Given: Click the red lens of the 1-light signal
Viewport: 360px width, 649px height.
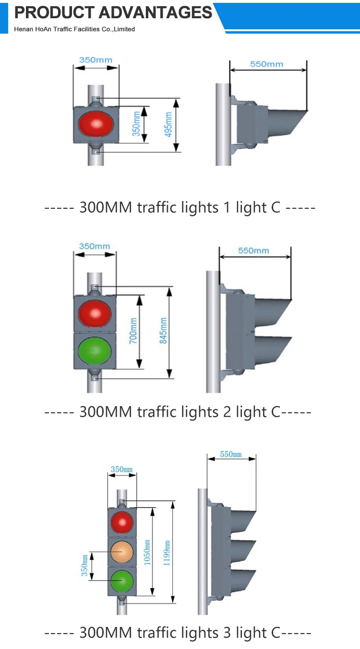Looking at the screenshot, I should [x=96, y=124].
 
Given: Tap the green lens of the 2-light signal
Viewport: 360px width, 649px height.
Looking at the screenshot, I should [x=95, y=351].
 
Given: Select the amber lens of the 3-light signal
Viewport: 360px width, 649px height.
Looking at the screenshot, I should [x=122, y=552].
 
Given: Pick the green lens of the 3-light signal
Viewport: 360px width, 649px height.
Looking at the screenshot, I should [x=122, y=581].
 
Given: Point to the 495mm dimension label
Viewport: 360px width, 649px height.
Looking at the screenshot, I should [x=168, y=125].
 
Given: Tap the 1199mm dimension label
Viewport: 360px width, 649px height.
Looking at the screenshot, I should [x=167, y=553].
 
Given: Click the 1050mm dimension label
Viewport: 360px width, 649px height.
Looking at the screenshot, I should [x=147, y=553].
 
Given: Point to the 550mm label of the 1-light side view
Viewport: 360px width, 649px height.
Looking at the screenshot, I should [x=266, y=64].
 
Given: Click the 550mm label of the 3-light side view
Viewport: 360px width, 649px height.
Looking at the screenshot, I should [x=230, y=454].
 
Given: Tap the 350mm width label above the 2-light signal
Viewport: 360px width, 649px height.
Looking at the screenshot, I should [x=95, y=246].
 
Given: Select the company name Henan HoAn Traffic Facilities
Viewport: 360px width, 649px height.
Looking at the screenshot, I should [x=74, y=29].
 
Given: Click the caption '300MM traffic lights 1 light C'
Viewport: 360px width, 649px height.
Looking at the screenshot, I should [x=180, y=208].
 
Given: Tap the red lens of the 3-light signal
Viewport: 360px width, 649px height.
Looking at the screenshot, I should [x=122, y=522].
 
